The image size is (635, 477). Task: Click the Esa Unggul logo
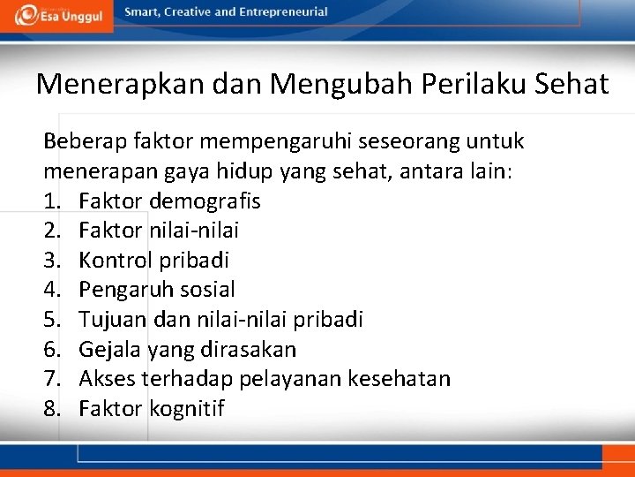pos(56,15)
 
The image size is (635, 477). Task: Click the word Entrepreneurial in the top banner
pos(283,12)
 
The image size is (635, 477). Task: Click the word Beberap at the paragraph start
pos(85,141)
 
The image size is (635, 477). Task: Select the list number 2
pos(53,231)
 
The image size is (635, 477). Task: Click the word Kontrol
pos(113,261)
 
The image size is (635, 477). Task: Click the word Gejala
pos(109,350)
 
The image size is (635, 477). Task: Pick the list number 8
pos(53,409)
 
